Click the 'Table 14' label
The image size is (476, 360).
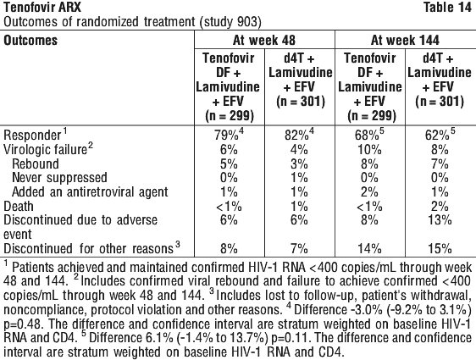[x=447, y=7]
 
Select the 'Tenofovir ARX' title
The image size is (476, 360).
[x=42, y=7]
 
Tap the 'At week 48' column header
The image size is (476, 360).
[x=264, y=40]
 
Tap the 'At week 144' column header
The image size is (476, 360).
[x=405, y=40]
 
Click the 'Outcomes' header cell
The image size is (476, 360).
[x=30, y=40]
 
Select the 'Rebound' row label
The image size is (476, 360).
[x=36, y=164]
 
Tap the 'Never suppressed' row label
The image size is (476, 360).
[x=59, y=178]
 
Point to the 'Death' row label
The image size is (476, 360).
[x=19, y=207]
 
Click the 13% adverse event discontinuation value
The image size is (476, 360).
[x=440, y=219]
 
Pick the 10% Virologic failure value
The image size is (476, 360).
[x=369, y=149]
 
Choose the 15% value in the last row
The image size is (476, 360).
[x=440, y=248]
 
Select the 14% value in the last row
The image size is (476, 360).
[x=369, y=248]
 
